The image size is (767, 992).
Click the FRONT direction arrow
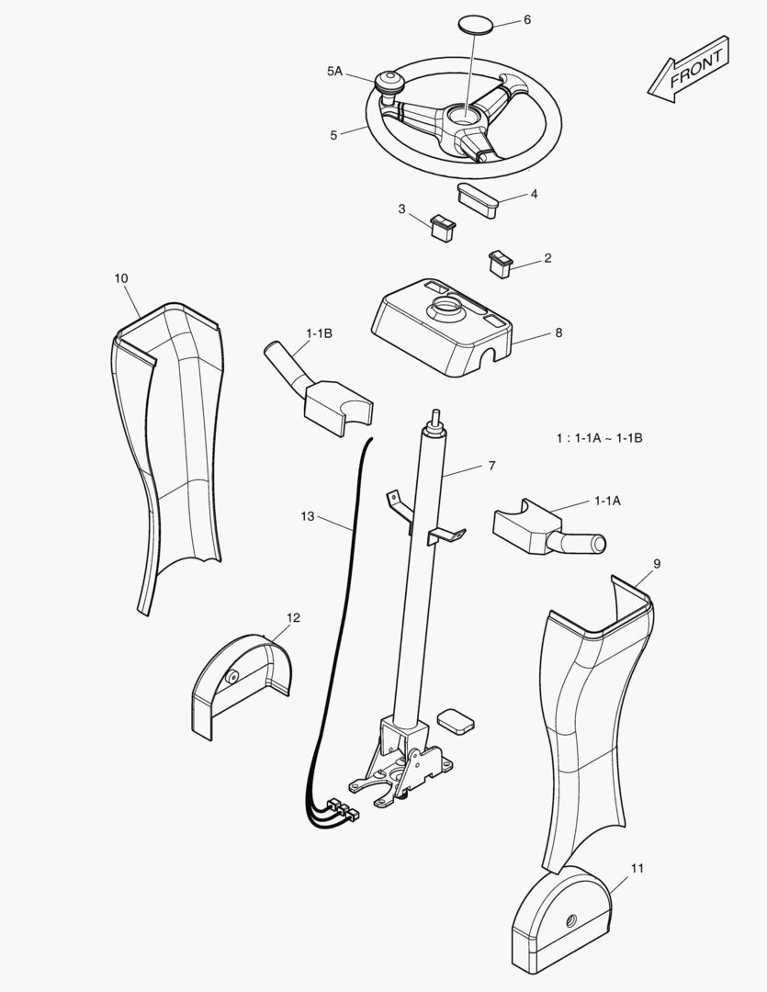(690, 69)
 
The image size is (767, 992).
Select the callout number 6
(526, 19)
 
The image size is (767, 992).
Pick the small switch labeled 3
(442, 224)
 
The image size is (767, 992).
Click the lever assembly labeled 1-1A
(542, 532)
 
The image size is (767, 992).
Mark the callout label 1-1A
(607, 501)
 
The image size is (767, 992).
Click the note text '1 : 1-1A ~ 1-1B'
(599, 438)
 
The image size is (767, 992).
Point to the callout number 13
(307, 516)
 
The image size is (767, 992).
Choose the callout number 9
(656, 562)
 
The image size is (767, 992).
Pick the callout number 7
(491, 466)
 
